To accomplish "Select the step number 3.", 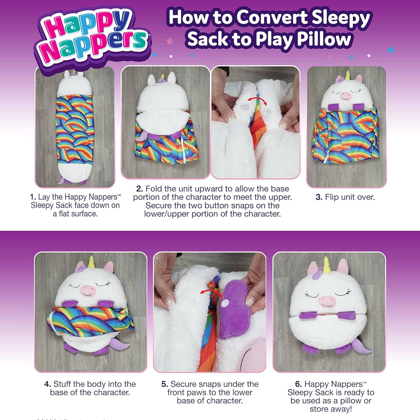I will pos(319,197).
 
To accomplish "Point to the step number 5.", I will pos(164,384).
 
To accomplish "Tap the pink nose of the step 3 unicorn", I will pos(345,96).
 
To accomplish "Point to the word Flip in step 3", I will pos(332,197).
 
